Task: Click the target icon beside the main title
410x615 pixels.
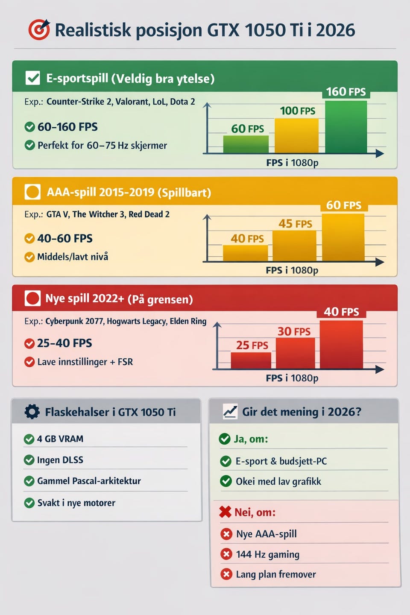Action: click(x=39, y=30)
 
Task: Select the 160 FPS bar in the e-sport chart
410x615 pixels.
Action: click(x=346, y=127)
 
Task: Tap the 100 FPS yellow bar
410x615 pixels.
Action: click(x=296, y=135)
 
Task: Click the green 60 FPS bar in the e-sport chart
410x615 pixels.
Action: click(x=246, y=144)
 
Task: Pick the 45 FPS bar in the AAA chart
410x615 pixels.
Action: click(x=294, y=246)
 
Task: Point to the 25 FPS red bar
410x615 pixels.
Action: click(x=251, y=360)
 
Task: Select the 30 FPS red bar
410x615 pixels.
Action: click(x=296, y=353)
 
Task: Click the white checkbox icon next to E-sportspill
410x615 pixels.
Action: click(x=33, y=78)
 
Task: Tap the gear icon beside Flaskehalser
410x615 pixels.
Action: click(x=32, y=412)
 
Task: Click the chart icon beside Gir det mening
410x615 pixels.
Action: click(x=230, y=412)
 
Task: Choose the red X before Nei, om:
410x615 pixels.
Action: click(x=225, y=512)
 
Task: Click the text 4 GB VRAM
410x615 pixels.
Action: click(x=60, y=439)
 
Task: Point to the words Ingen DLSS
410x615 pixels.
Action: click(x=60, y=460)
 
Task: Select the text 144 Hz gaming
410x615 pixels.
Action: click(x=267, y=554)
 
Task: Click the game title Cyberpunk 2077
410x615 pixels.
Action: click(x=74, y=321)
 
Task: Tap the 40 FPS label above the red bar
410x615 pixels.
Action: click(x=341, y=312)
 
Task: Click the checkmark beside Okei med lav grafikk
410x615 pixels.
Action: click(x=226, y=481)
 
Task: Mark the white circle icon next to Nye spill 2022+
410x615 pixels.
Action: click(x=32, y=298)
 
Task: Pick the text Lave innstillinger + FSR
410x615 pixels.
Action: click(x=85, y=362)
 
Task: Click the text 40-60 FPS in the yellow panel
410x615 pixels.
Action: click(x=65, y=238)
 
